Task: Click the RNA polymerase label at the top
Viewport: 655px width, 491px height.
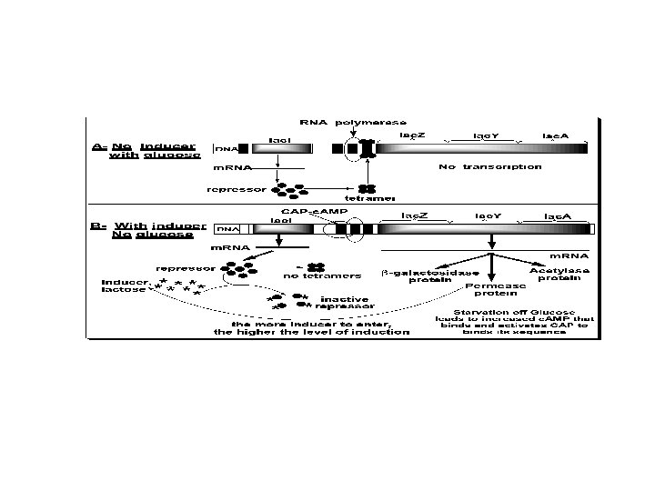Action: point(353,122)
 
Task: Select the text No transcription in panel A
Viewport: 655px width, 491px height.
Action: point(489,166)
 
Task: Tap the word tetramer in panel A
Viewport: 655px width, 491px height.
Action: point(369,199)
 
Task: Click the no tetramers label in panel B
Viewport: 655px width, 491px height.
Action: point(322,276)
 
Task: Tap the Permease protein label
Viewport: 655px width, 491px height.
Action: point(491,290)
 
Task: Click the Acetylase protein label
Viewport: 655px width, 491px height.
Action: point(559,275)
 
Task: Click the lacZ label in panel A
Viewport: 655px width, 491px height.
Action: point(413,134)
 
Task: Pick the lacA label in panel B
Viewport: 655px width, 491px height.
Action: point(558,216)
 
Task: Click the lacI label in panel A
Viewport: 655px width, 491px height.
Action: point(279,140)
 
